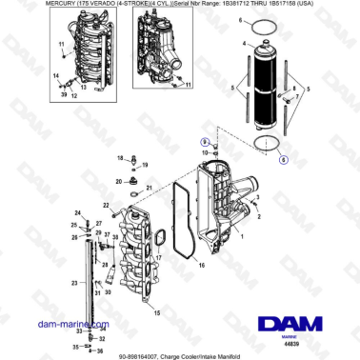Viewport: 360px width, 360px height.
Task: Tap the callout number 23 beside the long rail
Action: pyautogui.click(x=73, y=283)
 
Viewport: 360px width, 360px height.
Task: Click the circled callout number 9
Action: pyautogui.click(x=202, y=141)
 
